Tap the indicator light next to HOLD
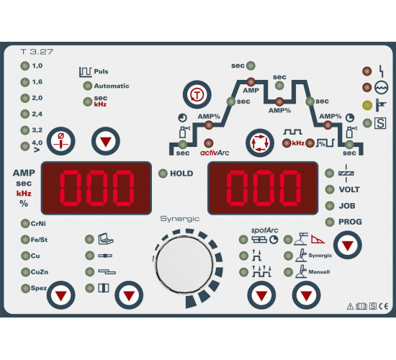click(x=163, y=174)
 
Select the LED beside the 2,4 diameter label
click(x=25, y=114)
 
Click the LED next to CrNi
click(x=25, y=224)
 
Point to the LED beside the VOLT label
click(x=330, y=189)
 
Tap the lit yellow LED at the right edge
click(x=367, y=105)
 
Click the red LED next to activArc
click(x=209, y=143)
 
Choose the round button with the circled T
click(x=197, y=95)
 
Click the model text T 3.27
click(x=37, y=52)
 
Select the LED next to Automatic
click(x=88, y=86)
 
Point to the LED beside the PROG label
click(x=330, y=222)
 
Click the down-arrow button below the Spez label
click(x=61, y=295)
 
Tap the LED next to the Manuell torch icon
click(x=288, y=272)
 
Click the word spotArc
click(x=265, y=230)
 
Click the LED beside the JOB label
click(x=330, y=206)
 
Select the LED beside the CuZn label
click(x=25, y=272)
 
